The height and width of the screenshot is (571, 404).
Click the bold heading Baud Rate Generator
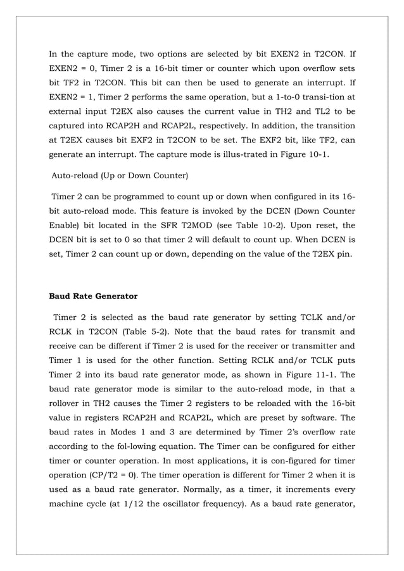click(x=93, y=295)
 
